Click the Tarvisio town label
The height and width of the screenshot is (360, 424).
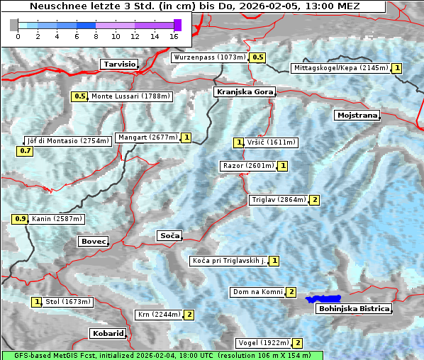pos(118,64)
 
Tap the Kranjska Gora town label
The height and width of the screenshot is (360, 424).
pos(243,92)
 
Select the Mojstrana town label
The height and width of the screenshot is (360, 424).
pos(357,115)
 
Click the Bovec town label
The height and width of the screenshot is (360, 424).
pos(93,242)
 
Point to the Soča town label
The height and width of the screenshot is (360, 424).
pos(169,235)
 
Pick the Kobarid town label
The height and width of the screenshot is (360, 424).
pos(108,333)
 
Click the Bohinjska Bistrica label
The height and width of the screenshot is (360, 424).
pos(354,309)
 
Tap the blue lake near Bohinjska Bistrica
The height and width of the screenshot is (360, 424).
pos(323,300)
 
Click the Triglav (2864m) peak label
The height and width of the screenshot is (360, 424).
pos(278,200)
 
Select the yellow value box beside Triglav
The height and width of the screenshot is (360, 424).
pos(315,200)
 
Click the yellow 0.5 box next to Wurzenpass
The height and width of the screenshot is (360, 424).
pos(258,57)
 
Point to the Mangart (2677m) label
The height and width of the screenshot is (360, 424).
pos(147,137)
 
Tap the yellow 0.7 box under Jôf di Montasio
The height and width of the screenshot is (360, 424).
pos(25,151)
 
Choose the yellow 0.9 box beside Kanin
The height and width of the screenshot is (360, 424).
pos(20,219)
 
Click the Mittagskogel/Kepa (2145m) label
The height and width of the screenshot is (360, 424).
pos(340,68)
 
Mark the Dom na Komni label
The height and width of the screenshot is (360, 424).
pos(257,292)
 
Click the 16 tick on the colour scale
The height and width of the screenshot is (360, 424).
pos(174,36)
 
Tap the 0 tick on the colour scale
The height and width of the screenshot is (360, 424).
pos(18,36)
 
